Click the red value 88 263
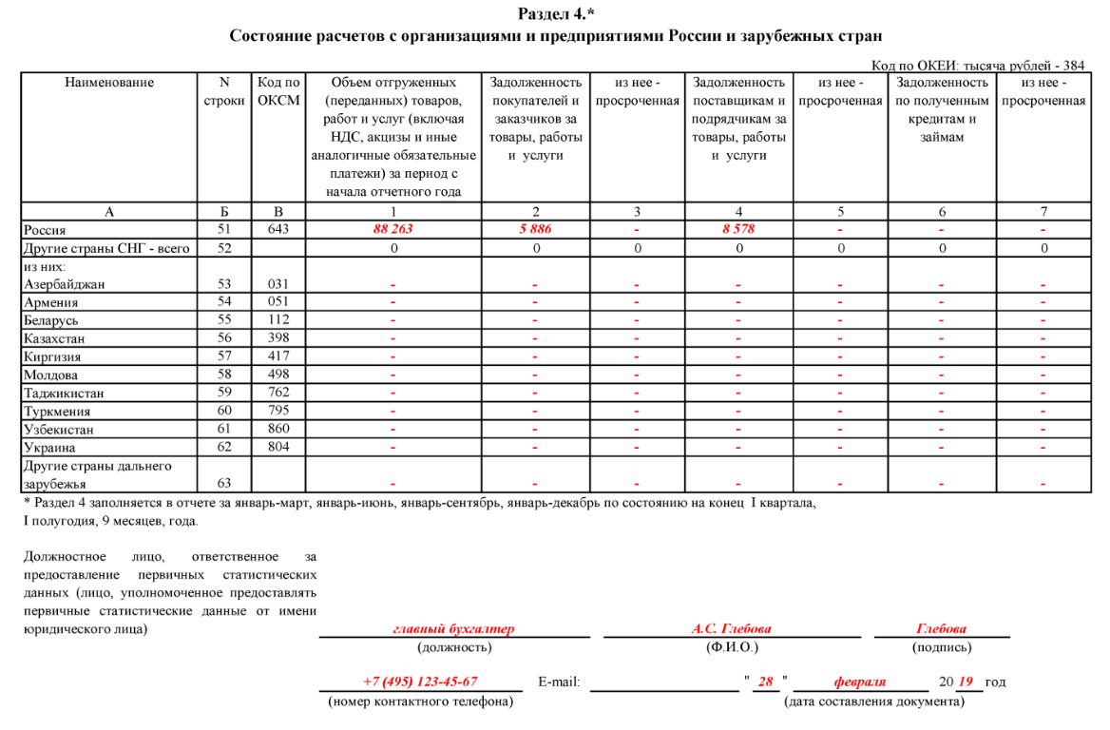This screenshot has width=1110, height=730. (392, 230)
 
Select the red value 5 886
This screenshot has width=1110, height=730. (535, 230)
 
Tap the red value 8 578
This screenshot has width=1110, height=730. (738, 230)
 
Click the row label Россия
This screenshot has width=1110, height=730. (45, 230)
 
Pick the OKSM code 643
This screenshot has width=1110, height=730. (278, 230)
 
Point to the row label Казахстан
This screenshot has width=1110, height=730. (54, 339)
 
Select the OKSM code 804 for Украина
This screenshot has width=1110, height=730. (278, 447)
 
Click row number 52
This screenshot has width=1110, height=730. (224, 249)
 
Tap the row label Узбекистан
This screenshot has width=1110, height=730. (58, 430)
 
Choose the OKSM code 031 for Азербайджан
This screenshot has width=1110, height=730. (278, 284)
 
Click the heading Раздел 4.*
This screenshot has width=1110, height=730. (556, 13)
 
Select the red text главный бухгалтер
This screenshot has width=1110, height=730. (453, 629)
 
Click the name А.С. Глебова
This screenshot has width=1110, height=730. (731, 629)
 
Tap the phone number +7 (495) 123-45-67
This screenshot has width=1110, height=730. (420, 682)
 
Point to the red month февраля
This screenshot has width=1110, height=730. (859, 682)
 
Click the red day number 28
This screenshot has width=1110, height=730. (765, 682)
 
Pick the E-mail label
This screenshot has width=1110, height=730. (559, 682)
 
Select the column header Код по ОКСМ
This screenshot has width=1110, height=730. (278, 92)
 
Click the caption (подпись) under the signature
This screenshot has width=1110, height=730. (941, 648)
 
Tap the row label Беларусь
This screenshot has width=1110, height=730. (51, 321)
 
